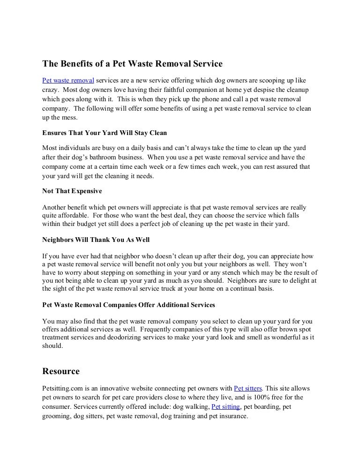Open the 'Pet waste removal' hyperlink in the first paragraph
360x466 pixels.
[x=68, y=80]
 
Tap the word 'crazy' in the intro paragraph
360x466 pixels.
[x=51, y=89]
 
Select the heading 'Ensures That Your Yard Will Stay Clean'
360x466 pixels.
[x=105, y=133]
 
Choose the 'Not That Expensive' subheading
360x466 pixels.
[x=72, y=192]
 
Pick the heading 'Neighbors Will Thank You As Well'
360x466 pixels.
[x=96, y=240]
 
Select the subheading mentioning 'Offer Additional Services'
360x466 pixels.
[x=129, y=305]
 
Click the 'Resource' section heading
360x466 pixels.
[x=61, y=371]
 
